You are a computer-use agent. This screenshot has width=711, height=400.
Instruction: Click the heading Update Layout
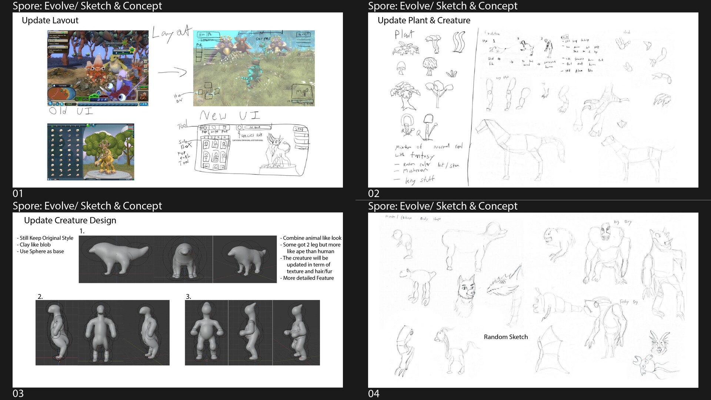click(50, 20)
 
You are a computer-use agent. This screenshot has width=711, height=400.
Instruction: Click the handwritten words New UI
click(230, 116)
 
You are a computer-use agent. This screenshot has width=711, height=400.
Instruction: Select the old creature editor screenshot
click(91, 152)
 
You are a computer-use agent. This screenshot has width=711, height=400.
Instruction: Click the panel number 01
click(18, 193)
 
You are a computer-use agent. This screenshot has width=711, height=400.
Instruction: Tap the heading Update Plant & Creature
click(424, 20)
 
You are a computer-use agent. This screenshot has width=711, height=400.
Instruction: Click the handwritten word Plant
click(404, 35)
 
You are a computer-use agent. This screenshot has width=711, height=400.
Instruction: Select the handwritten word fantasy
click(422, 156)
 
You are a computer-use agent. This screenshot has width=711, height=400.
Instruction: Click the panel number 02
click(373, 193)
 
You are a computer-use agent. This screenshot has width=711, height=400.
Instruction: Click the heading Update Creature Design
click(70, 220)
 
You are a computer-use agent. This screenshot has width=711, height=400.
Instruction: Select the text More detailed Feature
click(308, 278)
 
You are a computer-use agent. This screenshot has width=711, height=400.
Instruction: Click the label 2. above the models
click(40, 297)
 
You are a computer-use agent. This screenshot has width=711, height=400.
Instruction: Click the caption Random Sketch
click(505, 337)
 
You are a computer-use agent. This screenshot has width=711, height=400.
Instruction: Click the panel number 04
click(373, 393)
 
